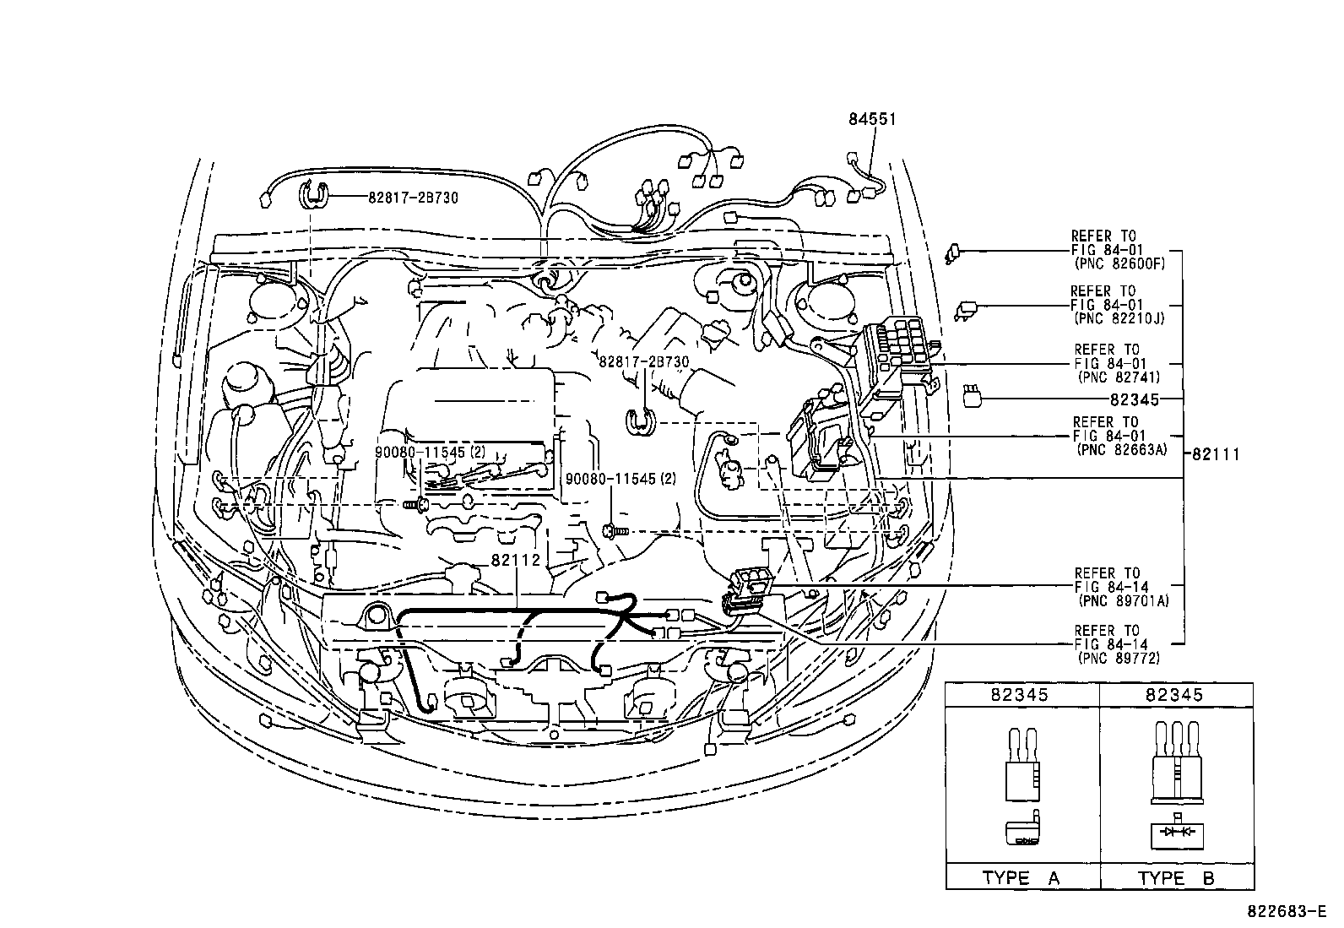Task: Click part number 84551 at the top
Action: [x=872, y=120]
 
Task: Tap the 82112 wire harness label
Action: [x=515, y=560]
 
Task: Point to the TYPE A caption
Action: [x=1020, y=878]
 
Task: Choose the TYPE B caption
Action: [x=1176, y=878]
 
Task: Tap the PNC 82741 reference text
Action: [x=1119, y=377]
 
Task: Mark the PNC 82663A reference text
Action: [x=1122, y=450]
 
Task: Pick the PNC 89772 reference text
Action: [x=1119, y=658]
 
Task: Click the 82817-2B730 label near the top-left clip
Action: [x=414, y=197]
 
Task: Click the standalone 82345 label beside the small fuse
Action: [x=1135, y=399]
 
